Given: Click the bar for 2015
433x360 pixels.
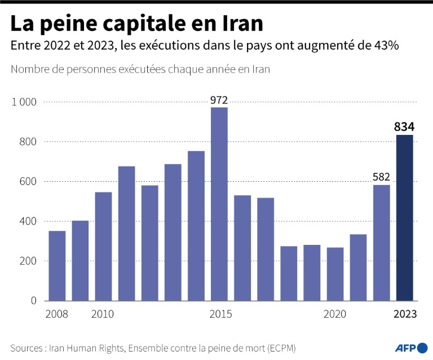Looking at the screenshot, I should [x=219, y=204].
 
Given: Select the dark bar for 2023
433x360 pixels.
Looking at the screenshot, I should [x=405, y=217].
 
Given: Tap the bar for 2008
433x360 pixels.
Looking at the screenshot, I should [x=57, y=265].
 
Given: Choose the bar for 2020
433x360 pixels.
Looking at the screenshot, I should [x=335, y=274].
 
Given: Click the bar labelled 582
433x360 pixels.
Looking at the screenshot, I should [x=382, y=243].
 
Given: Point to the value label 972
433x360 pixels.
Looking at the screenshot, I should [x=219, y=100].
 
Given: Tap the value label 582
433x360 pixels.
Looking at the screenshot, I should [x=382, y=177].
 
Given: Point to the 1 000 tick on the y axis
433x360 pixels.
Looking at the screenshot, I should [x=24, y=102].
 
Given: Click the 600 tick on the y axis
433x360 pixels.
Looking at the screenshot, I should [x=28, y=182].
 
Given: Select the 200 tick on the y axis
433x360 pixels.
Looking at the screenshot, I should [x=28, y=261].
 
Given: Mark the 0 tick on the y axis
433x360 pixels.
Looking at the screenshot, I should [x=33, y=301].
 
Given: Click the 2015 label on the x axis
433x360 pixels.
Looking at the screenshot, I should [x=219, y=314].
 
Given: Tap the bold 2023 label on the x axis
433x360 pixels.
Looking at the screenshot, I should [x=405, y=314].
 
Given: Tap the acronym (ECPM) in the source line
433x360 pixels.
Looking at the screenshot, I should [x=279, y=347].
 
